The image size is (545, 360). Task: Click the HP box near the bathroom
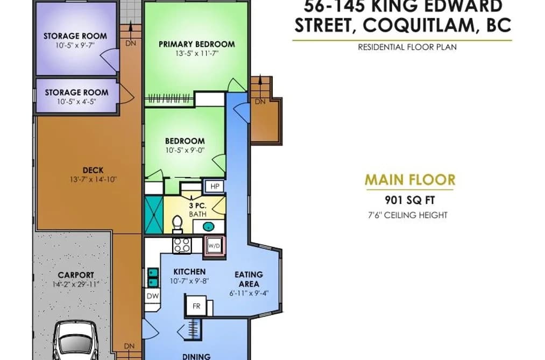point(215,187)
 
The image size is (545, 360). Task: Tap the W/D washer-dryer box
point(214,246)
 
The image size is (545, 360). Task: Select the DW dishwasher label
point(153,296)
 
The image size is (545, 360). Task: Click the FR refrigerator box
point(196,306)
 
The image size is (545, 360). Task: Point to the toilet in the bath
point(178,224)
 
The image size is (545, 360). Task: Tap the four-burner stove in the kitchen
point(182,245)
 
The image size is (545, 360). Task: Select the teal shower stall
point(154,215)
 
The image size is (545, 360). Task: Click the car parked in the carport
point(75,341)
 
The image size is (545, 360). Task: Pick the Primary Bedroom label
point(197,44)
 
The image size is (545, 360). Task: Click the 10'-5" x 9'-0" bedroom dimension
point(185,151)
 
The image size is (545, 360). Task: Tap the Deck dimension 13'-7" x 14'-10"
point(93,180)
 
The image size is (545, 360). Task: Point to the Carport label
point(76,275)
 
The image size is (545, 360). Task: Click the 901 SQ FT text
point(410,200)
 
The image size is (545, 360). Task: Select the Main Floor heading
point(410,180)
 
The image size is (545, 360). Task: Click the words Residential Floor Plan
point(407,47)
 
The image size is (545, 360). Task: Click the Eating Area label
point(249,279)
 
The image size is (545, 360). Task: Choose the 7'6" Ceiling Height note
point(408,215)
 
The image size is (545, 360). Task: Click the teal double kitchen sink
point(153,277)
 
